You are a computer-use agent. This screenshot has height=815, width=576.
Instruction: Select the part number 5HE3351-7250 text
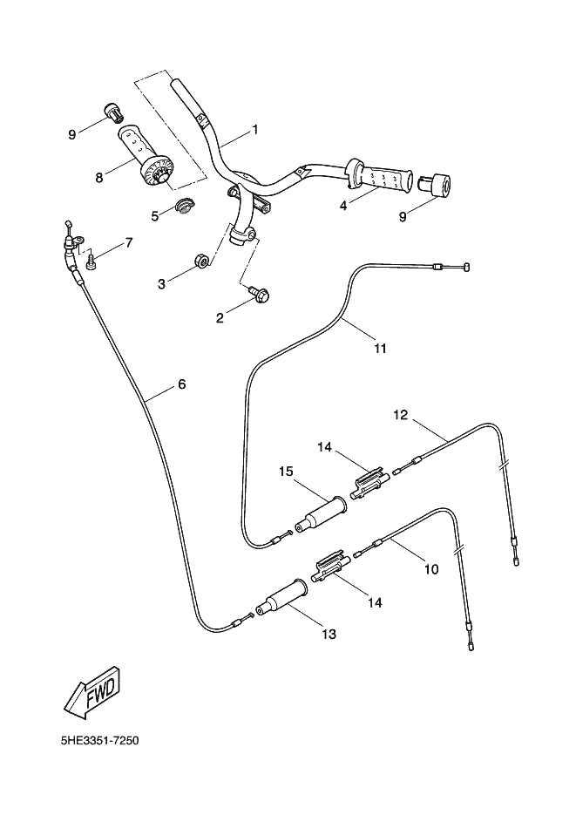coord(99,741)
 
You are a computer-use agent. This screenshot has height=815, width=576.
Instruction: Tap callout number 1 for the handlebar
coord(255,129)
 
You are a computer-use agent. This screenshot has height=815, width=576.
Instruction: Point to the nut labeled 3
coord(198,260)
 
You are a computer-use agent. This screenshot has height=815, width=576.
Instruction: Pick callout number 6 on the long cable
coord(182,384)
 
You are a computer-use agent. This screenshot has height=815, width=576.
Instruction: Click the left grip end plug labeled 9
coord(112,112)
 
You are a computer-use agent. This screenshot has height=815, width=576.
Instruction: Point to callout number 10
coord(430,570)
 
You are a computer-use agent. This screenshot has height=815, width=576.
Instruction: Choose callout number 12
coord(401,415)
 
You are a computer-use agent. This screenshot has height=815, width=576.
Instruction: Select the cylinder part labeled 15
coord(320,514)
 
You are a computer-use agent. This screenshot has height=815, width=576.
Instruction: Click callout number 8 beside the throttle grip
coord(99,177)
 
